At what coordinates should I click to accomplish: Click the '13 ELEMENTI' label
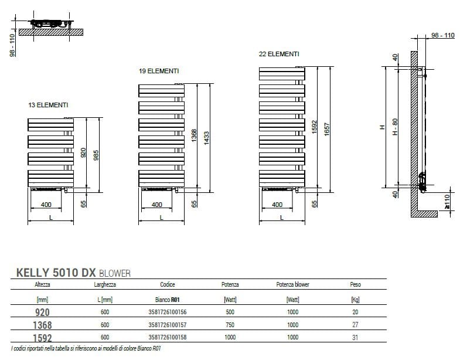[48, 105]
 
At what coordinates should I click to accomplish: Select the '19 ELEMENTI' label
[159, 71]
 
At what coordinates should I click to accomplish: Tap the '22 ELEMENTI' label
[279, 54]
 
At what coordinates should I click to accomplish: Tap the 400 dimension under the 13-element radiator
[47, 205]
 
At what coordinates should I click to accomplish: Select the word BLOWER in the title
[115, 273]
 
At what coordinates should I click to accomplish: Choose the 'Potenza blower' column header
[292, 285]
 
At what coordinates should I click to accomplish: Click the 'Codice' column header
[168, 285]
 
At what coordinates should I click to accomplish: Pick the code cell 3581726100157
[168, 325]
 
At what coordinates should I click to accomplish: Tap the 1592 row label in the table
[43, 337]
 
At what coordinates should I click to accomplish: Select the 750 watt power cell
[230, 325]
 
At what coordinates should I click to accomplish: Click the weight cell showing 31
[355, 337]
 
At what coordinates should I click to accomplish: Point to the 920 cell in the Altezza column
[43, 313]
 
